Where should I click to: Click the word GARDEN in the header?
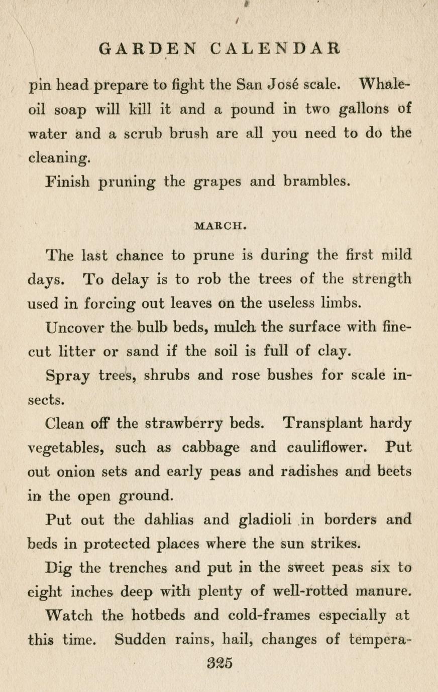pos(149,49)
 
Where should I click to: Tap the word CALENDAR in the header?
pos(275,49)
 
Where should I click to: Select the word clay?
pos(333,352)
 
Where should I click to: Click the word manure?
pos(383,591)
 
